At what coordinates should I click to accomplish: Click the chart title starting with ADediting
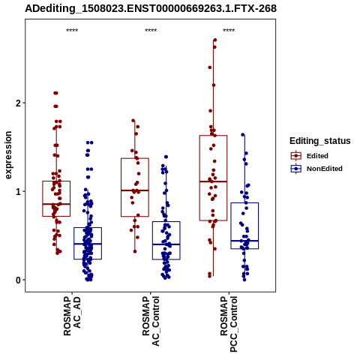pos(151,9)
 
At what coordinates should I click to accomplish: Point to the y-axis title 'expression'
pos(8,155)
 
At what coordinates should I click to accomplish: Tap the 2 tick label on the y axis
pos(18,103)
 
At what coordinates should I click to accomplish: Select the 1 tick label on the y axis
pos(18,191)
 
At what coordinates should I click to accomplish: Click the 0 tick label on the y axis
pos(18,280)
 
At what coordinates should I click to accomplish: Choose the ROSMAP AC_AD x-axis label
pos(72,316)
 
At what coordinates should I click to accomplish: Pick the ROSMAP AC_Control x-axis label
pos(151,321)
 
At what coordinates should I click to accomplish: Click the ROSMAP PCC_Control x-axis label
pos(229,324)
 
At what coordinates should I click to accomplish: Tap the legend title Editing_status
pos(320,141)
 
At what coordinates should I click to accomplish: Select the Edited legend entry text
pos(317,156)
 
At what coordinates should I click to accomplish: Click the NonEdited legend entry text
pos(325,169)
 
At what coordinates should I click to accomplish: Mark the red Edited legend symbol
pos(296,156)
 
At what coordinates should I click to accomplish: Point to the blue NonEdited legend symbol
pos(296,169)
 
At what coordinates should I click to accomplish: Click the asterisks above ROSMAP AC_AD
pos(72,31)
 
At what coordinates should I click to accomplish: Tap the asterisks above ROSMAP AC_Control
pos(151,31)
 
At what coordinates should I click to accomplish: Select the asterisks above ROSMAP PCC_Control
pos(229,31)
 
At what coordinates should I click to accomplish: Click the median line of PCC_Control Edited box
pos(213,181)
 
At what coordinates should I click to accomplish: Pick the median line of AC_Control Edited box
pos(135,190)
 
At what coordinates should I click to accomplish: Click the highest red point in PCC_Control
pos(215,40)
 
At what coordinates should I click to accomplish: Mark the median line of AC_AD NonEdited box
pos(88,244)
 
